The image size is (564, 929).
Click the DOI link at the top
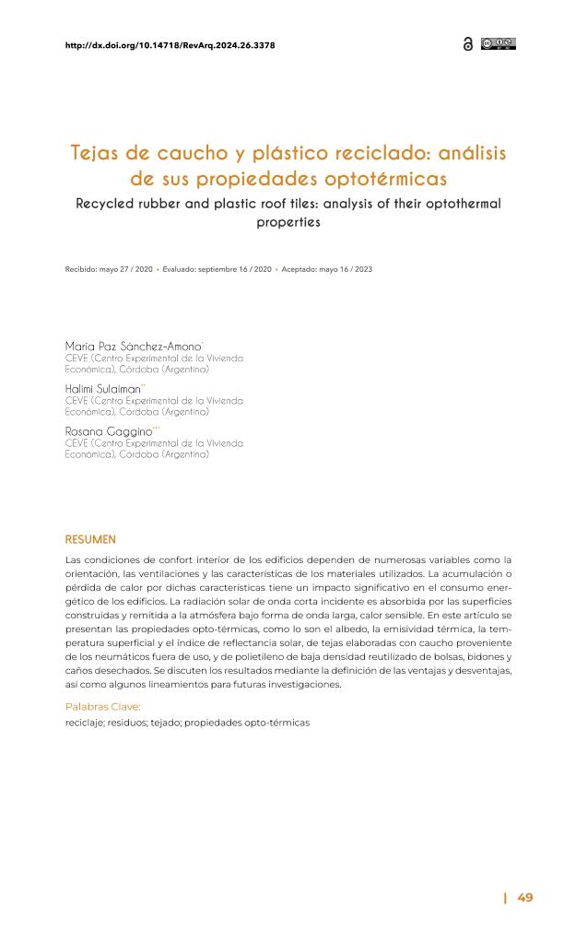coord(170,44)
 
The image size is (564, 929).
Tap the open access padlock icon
coord(467,44)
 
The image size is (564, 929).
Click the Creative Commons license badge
coord(498,43)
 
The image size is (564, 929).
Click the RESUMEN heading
coord(91,539)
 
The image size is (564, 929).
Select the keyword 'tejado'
coord(164,723)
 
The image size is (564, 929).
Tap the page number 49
coord(524,898)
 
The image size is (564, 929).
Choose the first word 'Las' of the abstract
coord(73,559)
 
